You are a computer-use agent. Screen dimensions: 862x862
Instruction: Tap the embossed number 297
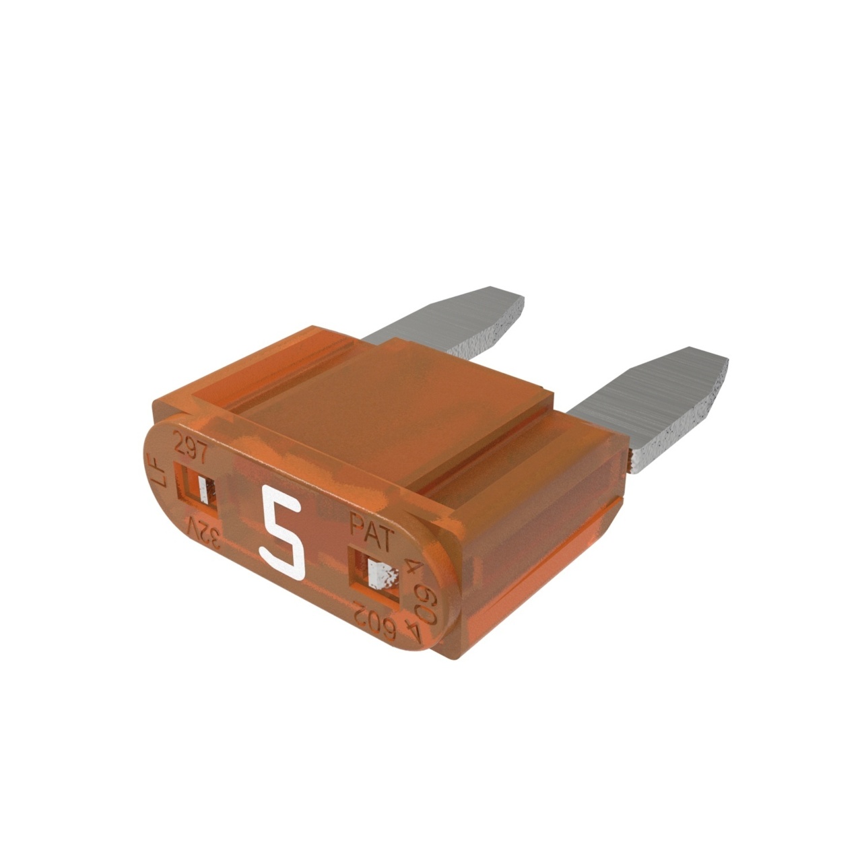click(191, 447)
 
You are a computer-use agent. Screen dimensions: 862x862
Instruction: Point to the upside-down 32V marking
click(206, 529)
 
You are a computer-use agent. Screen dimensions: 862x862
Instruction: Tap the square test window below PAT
click(374, 573)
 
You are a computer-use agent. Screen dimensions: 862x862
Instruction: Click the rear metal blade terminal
click(458, 323)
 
